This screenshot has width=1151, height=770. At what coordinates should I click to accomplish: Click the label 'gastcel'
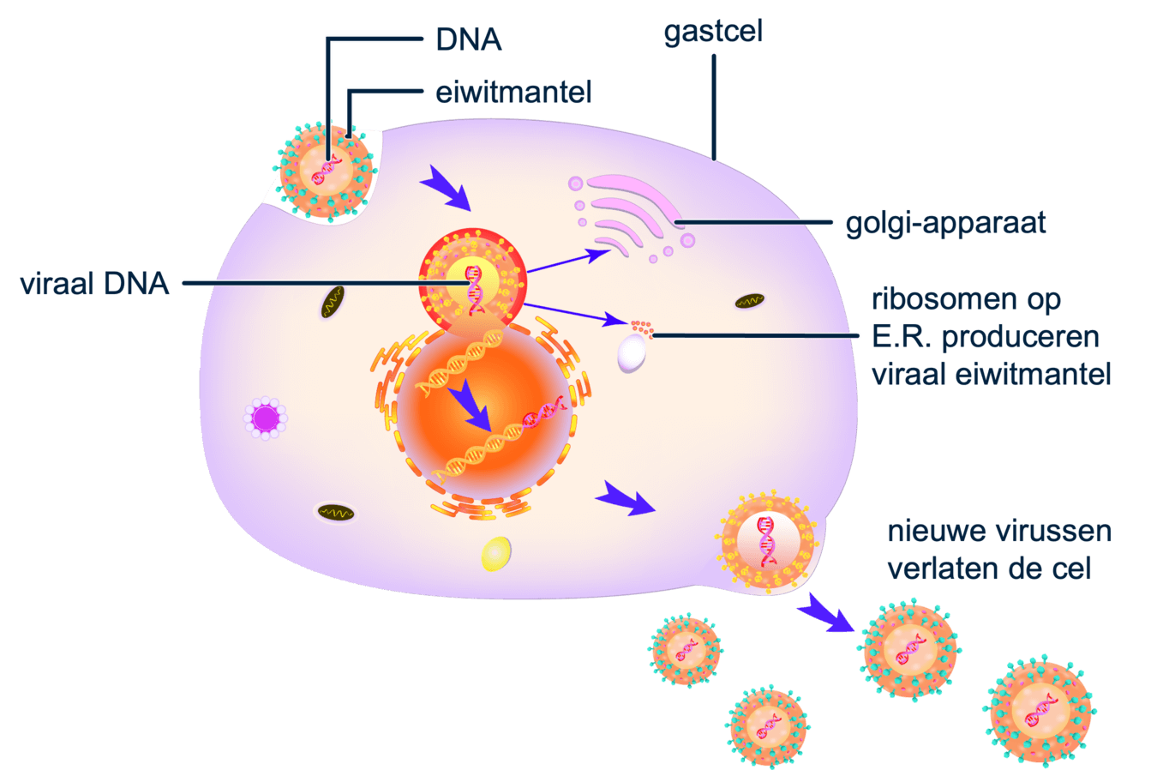[712, 33]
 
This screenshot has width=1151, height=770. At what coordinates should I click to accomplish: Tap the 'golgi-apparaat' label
[945, 223]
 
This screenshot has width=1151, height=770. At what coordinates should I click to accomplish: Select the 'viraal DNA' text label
[95, 283]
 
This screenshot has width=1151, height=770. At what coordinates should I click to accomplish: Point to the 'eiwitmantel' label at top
[513, 92]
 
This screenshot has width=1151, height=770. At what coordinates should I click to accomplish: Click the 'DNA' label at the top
[468, 39]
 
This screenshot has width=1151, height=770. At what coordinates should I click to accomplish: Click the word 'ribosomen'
[966, 300]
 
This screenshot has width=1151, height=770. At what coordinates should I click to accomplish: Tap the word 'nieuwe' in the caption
[937, 532]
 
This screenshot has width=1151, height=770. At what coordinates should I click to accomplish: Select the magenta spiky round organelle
[265, 418]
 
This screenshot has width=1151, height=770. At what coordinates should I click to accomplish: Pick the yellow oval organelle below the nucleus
[496, 553]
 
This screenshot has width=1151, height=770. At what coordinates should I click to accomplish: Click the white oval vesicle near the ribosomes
[632, 352]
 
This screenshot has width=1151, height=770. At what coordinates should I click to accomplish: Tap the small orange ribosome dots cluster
[641, 327]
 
